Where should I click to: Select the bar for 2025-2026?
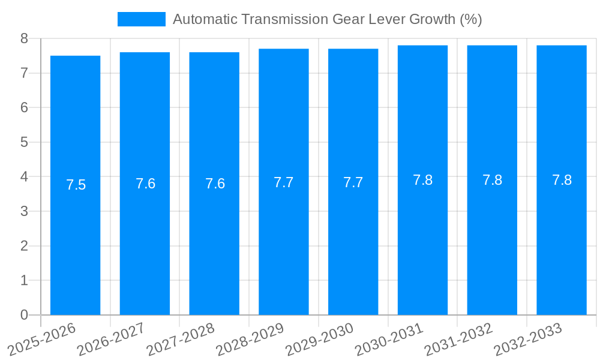click(x=75, y=240)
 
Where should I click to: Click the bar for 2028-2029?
click(x=284, y=240)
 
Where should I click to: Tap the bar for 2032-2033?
click(x=562, y=240)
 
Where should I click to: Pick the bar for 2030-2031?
click(x=422, y=240)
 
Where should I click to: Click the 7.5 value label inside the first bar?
click(x=76, y=185)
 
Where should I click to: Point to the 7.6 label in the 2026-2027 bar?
click(x=145, y=184)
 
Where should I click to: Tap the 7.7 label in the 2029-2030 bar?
click(x=353, y=182)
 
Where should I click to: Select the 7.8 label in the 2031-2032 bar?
click(x=492, y=180)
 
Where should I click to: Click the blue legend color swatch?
click(x=142, y=19)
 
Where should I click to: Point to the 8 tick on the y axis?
click(x=24, y=38)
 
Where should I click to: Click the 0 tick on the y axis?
click(x=24, y=315)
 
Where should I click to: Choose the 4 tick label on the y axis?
click(x=24, y=177)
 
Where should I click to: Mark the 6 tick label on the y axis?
click(x=24, y=107)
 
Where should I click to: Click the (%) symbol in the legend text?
click(x=470, y=19)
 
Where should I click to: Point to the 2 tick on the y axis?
click(x=24, y=246)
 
